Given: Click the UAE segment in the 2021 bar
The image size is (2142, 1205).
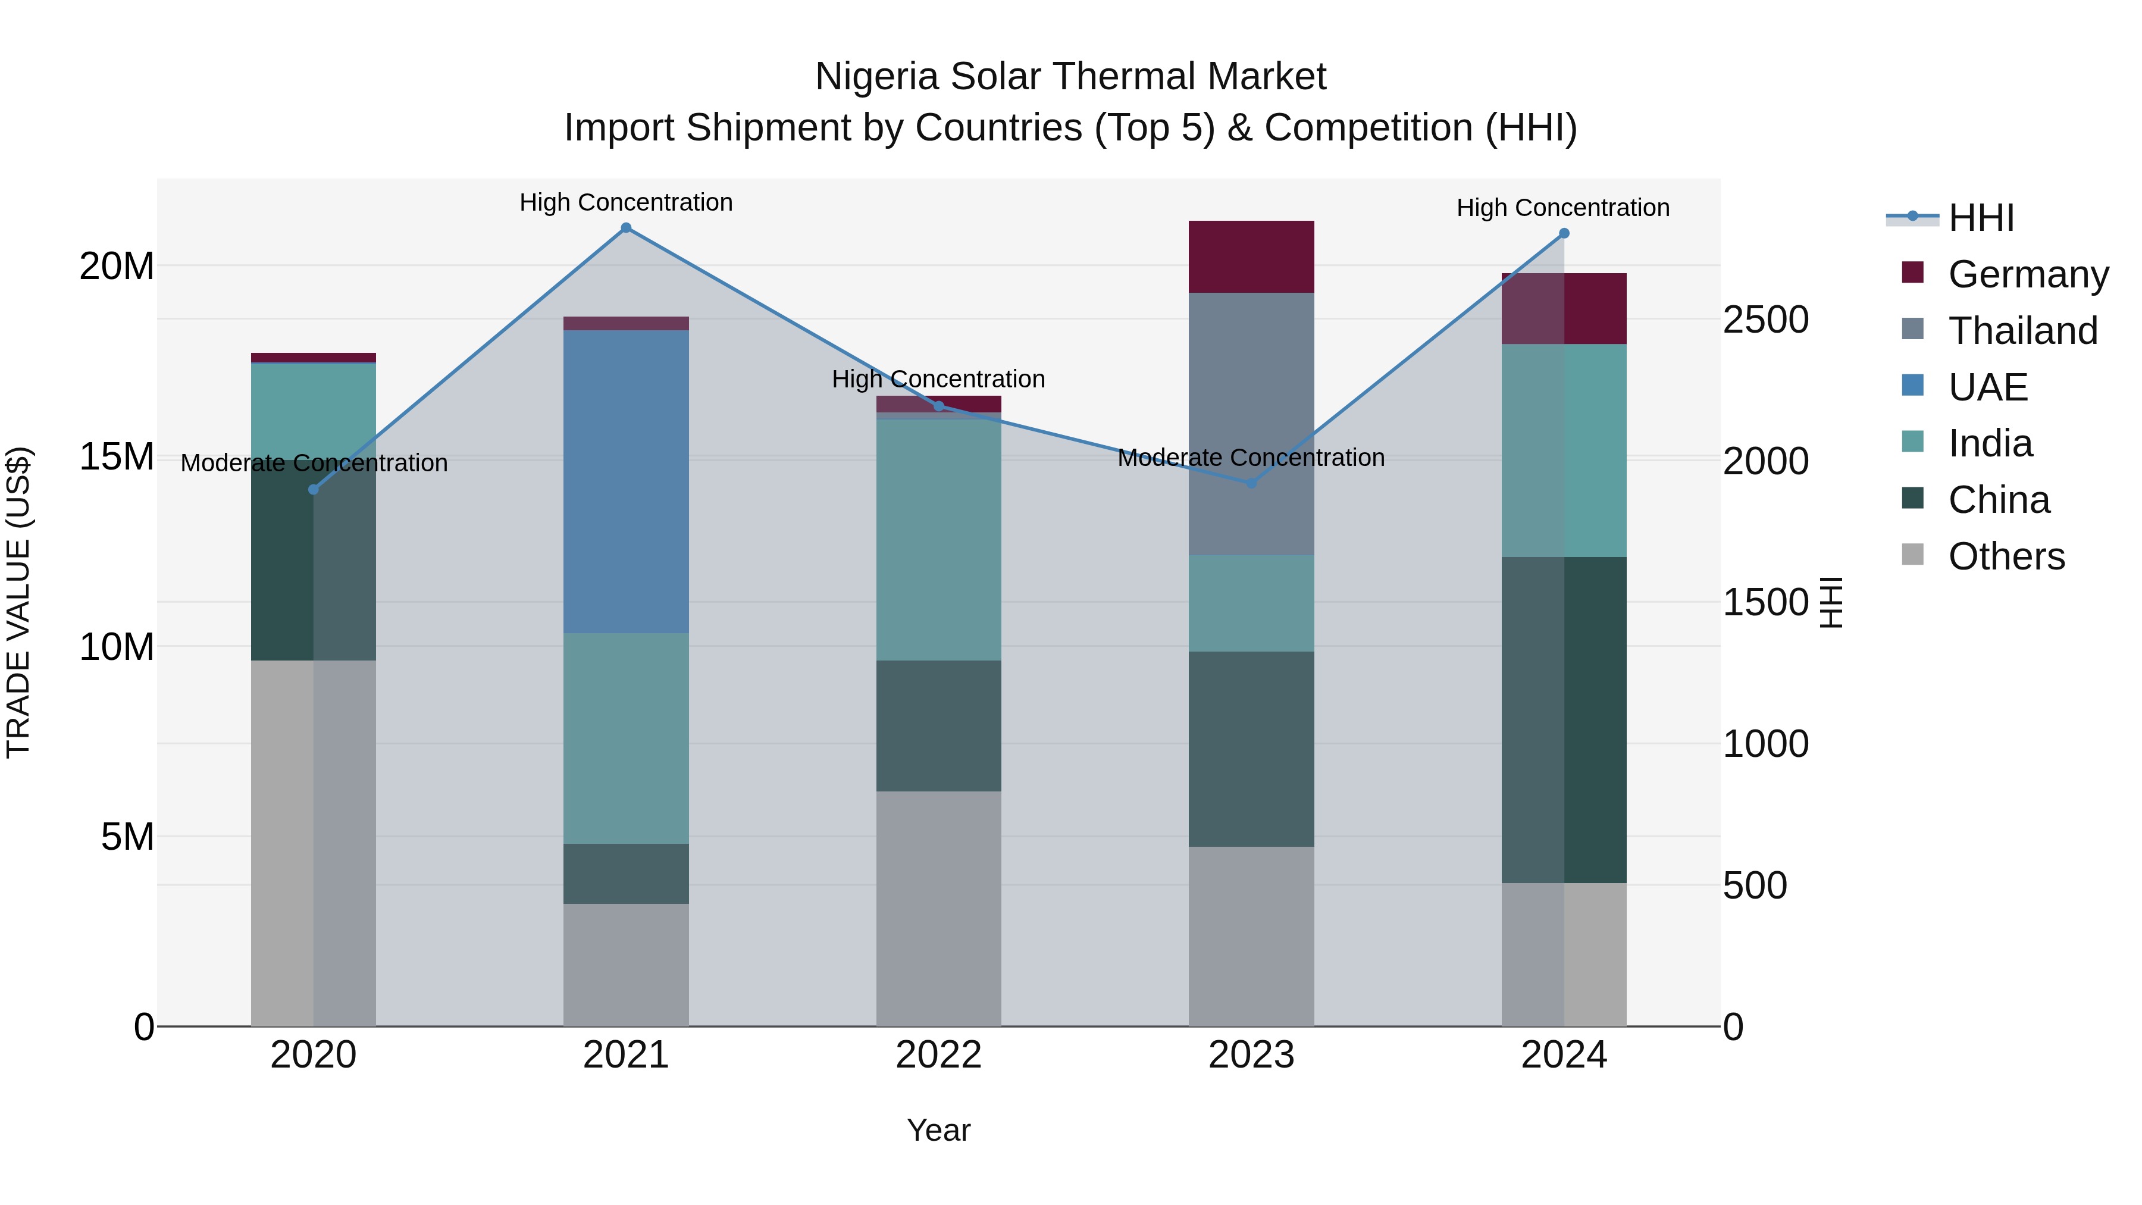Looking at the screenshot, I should pos(625,483).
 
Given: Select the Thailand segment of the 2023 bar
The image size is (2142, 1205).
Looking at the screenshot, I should pos(1251,424).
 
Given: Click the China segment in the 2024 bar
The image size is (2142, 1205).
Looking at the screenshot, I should pos(1563,720).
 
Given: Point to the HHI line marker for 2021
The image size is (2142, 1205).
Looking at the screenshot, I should pos(626,228).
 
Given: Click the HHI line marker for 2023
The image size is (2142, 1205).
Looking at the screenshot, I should pos(1251,483).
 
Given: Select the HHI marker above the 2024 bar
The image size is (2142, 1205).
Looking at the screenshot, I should pos(1563,234).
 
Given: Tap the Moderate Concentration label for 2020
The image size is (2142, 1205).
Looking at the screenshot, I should pos(314,463).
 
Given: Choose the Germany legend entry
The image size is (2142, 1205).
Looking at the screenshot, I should pos(2027,274).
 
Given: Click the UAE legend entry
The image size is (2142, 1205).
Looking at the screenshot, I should pos(1987,387).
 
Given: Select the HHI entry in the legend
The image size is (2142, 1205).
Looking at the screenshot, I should pos(1981,218).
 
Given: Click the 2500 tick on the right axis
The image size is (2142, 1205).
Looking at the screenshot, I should pos(1765,320).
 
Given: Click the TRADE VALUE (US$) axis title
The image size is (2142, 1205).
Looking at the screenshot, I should pos(18,602).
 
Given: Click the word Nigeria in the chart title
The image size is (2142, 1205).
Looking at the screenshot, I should pos(876,77).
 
